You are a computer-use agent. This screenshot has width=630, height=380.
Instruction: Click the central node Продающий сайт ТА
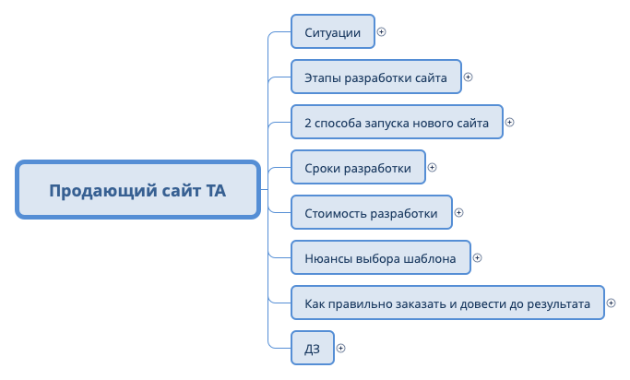click(137, 191)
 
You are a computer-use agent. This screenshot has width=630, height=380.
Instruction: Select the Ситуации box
click(332, 31)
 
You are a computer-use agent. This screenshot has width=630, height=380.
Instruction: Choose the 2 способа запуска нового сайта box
click(397, 122)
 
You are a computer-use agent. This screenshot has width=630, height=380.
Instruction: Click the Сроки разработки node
click(358, 168)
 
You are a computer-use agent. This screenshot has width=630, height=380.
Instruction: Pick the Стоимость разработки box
click(371, 213)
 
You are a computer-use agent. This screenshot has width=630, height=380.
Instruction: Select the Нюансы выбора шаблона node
click(380, 258)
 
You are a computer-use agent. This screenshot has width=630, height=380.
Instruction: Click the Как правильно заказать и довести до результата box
click(447, 303)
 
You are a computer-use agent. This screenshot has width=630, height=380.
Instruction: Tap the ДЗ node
click(312, 349)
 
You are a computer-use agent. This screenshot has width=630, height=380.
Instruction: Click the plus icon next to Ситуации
click(382, 31)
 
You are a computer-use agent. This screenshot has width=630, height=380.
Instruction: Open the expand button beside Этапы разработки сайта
click(468, 77)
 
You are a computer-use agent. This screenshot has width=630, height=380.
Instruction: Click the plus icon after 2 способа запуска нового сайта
click(510, 122)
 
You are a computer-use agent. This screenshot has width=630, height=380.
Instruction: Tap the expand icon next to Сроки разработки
click(433, 168)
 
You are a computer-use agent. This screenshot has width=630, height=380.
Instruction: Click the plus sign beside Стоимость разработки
click(459, 213)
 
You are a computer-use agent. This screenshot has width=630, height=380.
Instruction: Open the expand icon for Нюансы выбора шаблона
click(478, 258)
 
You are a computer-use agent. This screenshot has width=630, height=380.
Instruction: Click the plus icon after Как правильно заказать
click(612, 303)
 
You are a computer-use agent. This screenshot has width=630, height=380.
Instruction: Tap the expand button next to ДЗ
click(341, 349)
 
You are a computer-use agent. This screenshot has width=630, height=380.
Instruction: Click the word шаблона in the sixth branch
click(429, 258)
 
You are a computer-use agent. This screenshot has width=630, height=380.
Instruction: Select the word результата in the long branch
click(558, 303)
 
